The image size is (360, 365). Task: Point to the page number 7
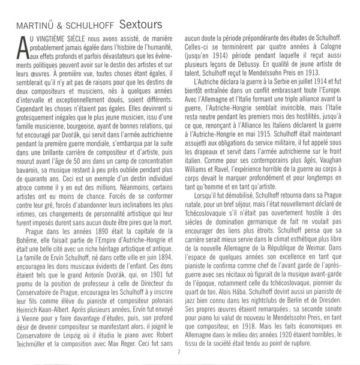tap(179, 351)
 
